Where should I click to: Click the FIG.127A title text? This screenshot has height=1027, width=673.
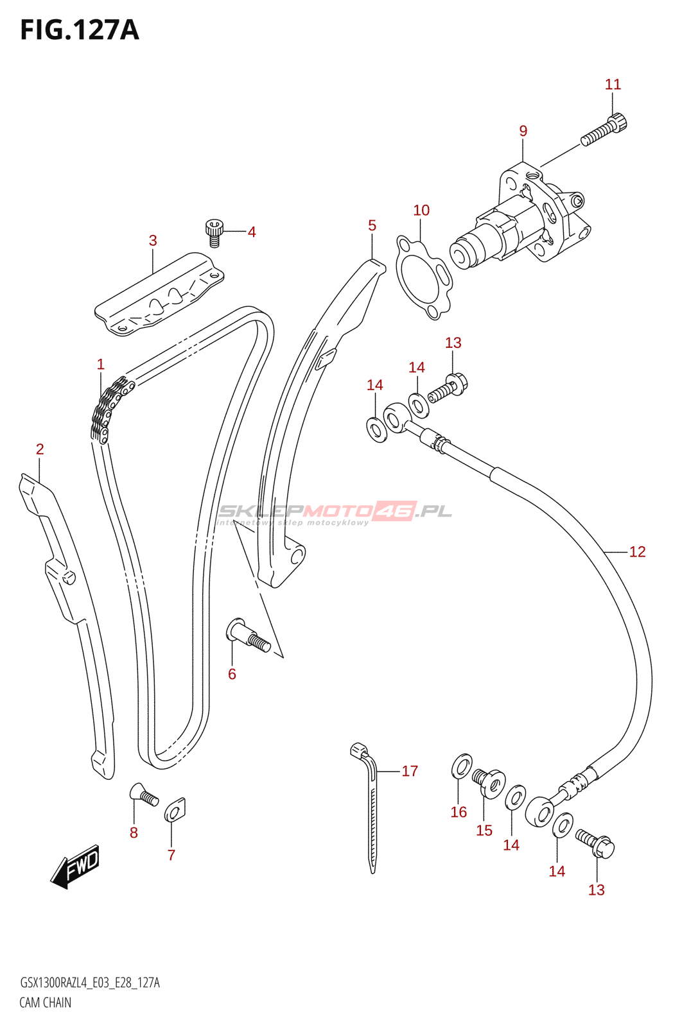click(80, 31)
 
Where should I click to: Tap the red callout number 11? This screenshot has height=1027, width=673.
click(613, 85)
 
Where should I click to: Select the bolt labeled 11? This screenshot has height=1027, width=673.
click(604, 129)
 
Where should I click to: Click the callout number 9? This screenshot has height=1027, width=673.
click(523, 131)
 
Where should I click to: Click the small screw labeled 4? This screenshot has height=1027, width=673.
click(214, 233)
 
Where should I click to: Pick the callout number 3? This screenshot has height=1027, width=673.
click(153, 240)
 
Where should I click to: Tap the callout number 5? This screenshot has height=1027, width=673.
click(372, 225)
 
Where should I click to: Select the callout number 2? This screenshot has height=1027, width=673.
click(40, 449)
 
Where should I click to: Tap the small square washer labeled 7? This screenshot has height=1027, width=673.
click(175, 810)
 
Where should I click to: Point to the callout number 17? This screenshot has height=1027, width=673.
click(410, 771)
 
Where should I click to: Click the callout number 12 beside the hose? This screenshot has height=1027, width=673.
click(637, 551)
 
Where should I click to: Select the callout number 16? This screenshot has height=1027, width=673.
click(459, 813)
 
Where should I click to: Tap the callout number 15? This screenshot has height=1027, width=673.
click(484, 831)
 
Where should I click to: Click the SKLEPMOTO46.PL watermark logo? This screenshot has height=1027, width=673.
click(335, 513)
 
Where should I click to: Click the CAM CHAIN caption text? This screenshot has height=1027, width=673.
click(46, 1003)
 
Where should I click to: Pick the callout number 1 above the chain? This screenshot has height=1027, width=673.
click(100, 365)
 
